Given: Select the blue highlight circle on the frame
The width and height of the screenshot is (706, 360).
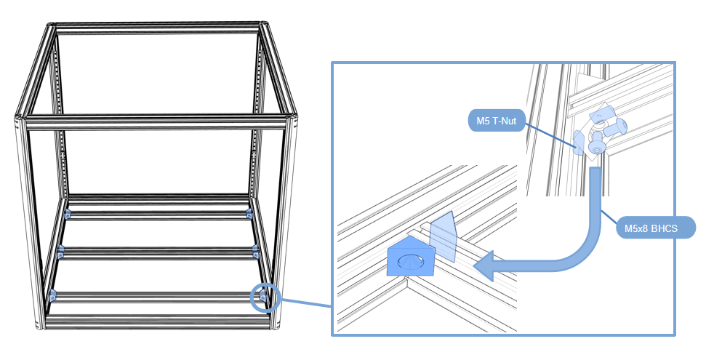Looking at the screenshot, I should [x=265, y=297].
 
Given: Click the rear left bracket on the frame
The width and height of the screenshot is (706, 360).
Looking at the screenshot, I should [x=68, y=214].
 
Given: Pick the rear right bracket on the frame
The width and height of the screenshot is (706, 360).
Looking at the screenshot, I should [x=249, y=213].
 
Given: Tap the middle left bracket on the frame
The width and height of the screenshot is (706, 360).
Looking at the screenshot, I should [x=60, y=251].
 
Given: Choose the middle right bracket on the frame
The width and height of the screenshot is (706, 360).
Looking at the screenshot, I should [x=256, y=251].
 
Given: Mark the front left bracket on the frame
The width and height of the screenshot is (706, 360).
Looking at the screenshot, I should [x=53, y=295].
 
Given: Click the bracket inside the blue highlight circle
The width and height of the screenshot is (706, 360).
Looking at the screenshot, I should [x=263, y=297].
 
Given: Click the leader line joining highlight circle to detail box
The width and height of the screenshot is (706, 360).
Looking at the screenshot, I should [x=305, y=303].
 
